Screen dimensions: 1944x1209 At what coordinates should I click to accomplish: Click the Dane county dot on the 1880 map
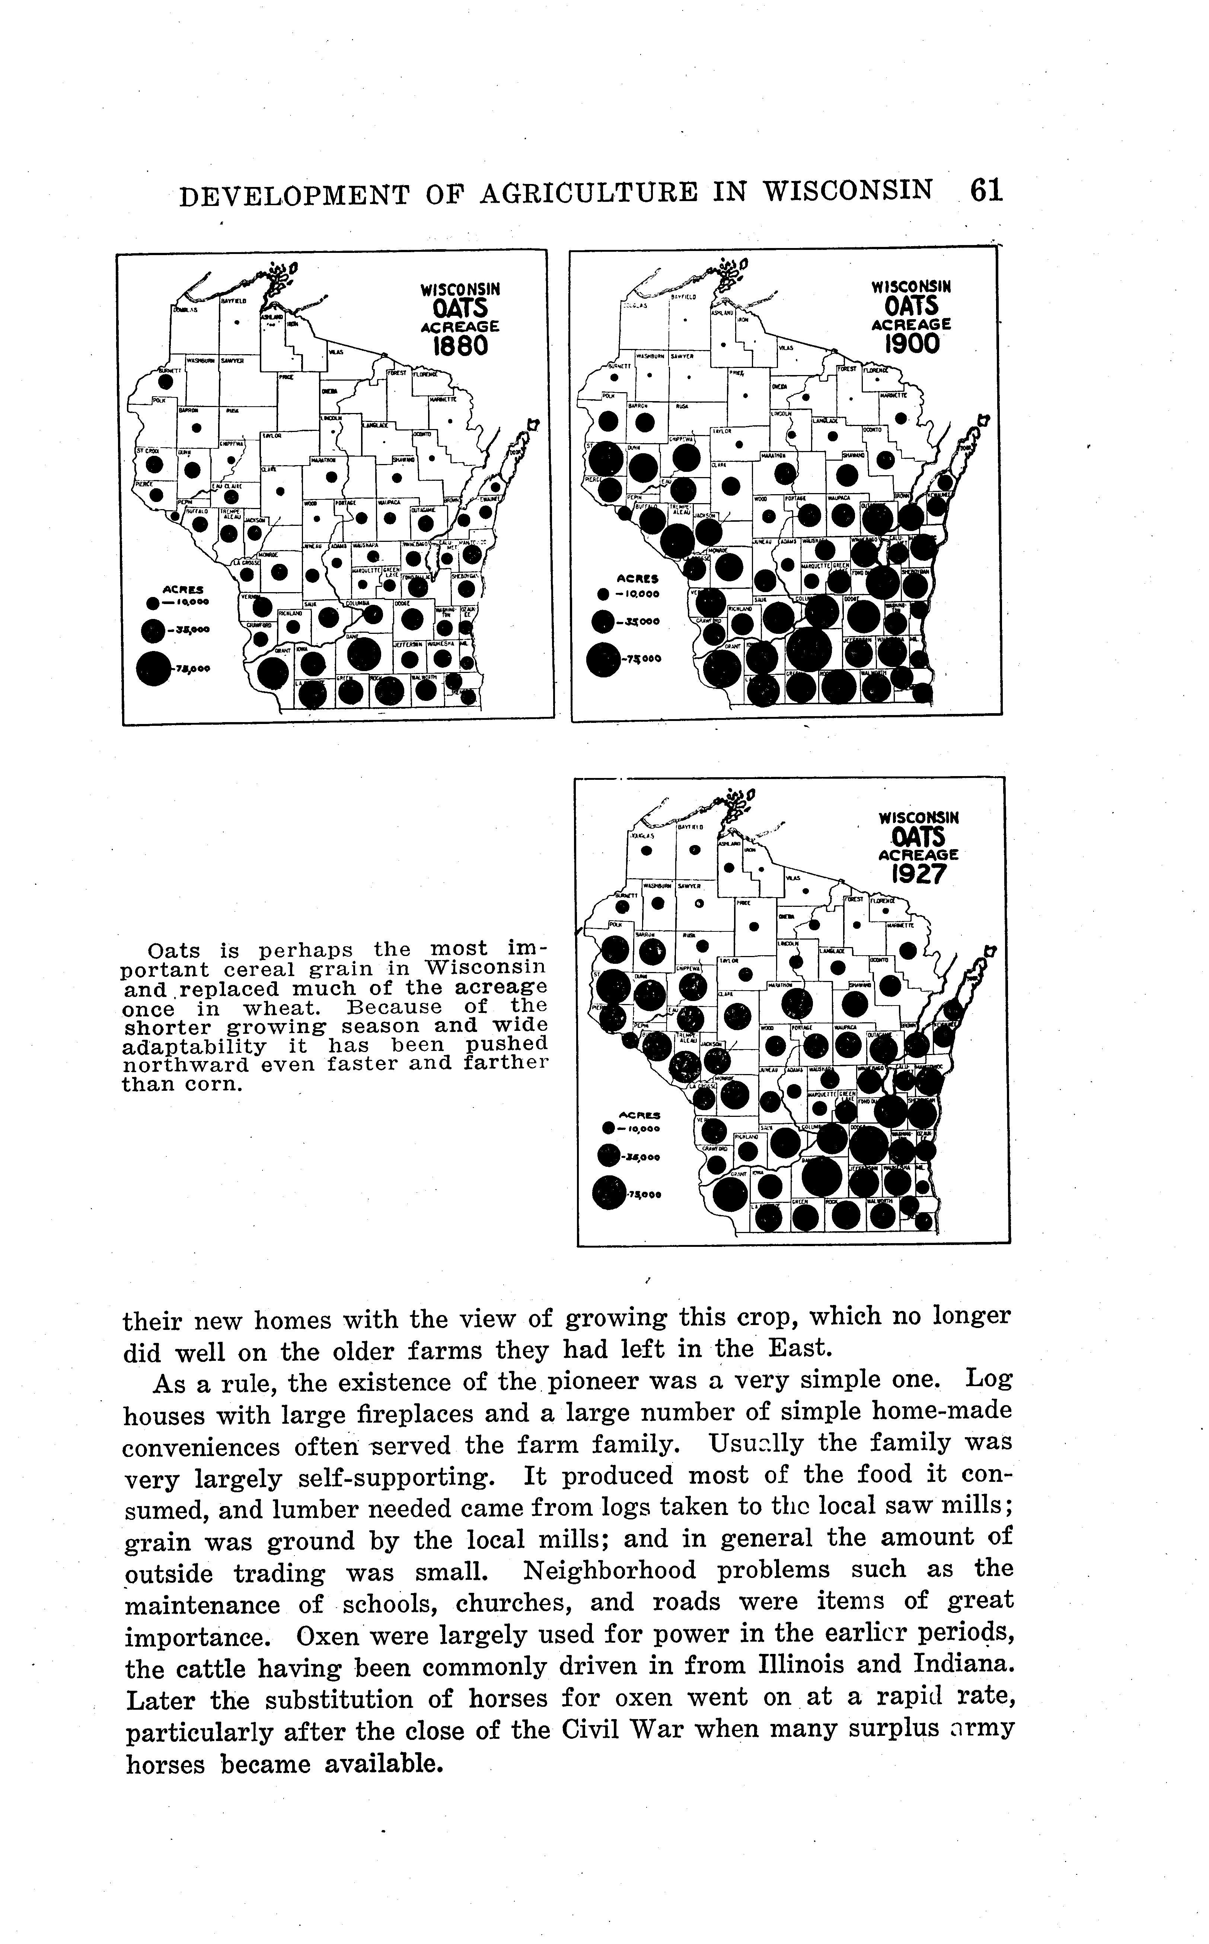coord(364,654)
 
